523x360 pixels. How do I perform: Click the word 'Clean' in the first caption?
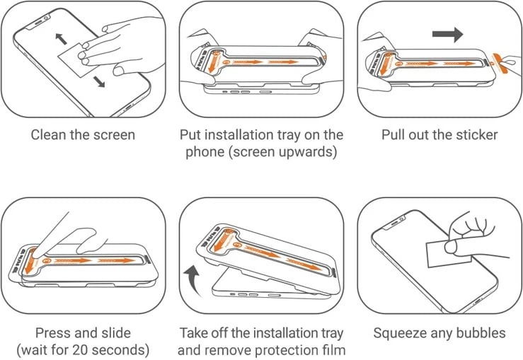(47, 134)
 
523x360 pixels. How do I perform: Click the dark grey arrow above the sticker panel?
(447, 33)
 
